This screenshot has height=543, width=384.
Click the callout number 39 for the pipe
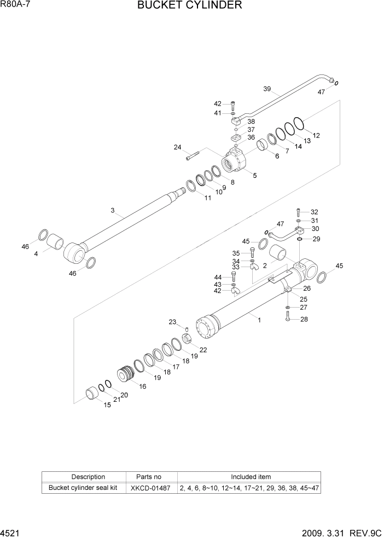click(267, 89)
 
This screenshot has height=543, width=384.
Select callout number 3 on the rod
click(112, 210)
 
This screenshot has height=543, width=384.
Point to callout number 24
click(177, 147)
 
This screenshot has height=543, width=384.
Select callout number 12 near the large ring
click(316, 135)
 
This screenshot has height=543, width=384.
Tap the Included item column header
click(250, 477)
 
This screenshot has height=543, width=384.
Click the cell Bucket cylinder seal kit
click(84, 488)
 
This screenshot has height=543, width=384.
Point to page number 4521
click(11, 534)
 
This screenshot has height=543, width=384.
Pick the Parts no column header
click(150, 477)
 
